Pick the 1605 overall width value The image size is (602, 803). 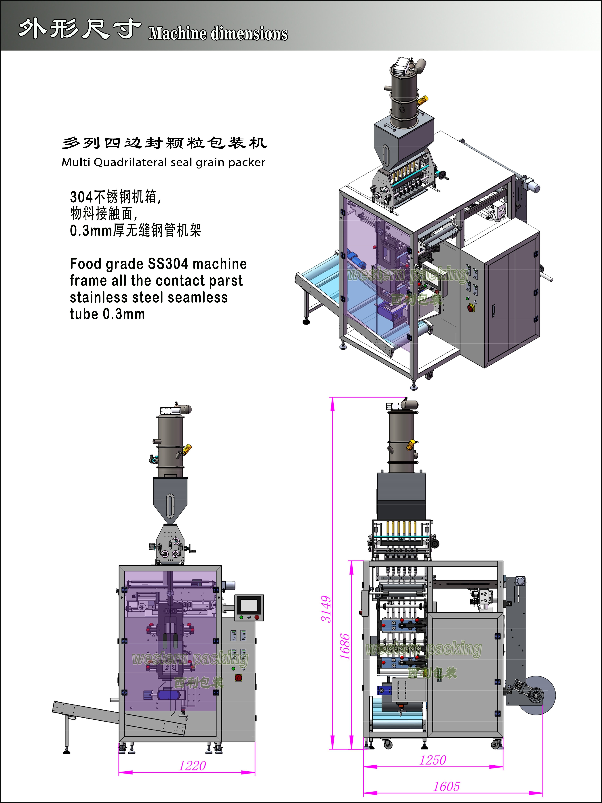(446, 786)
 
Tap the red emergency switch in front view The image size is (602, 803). (238, 677)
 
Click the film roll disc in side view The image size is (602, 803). (536, 695)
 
